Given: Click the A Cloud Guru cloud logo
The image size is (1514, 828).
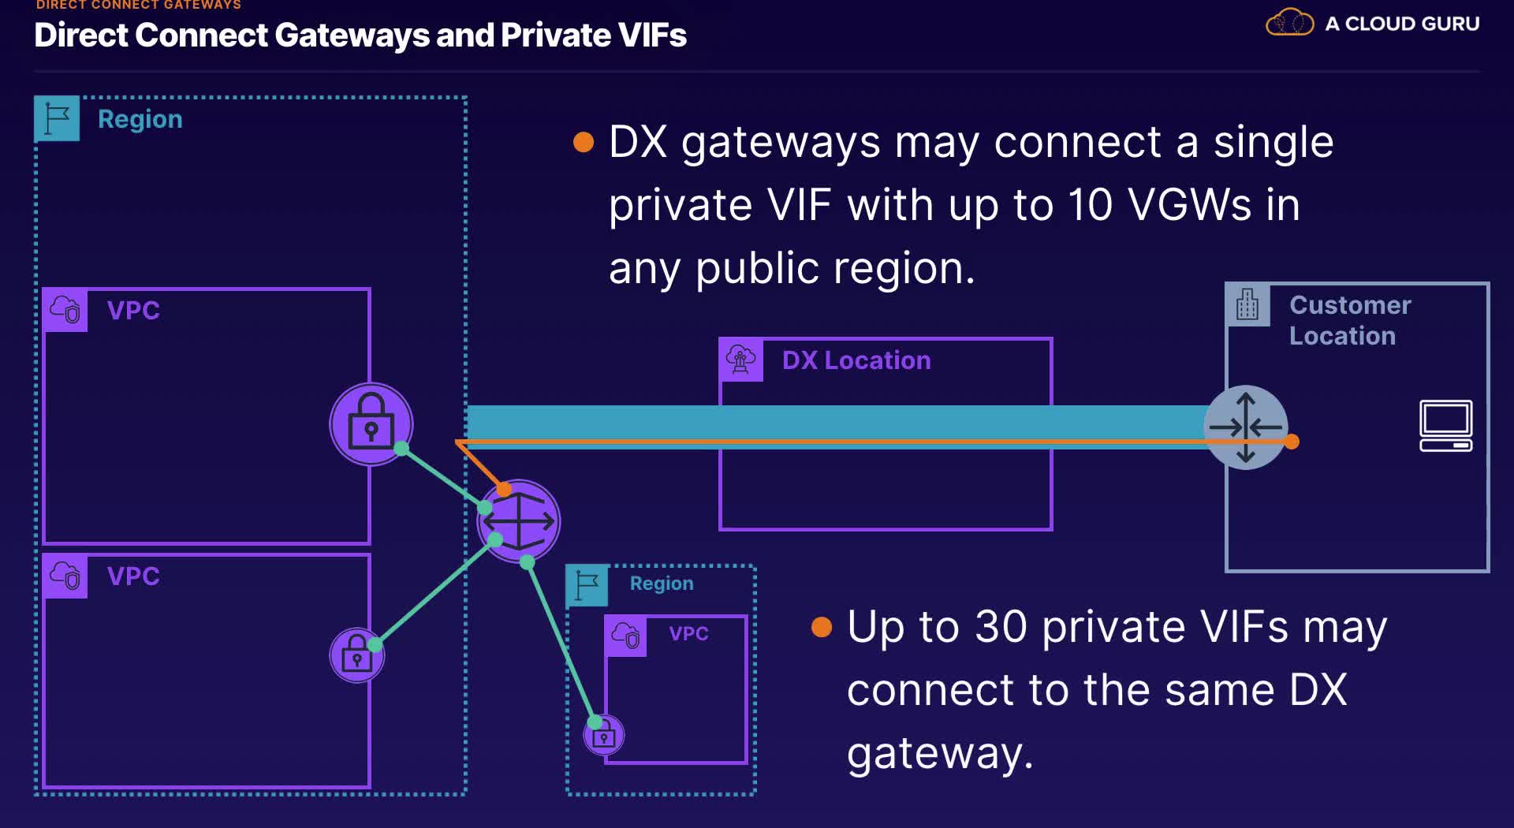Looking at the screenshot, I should (1289, 23).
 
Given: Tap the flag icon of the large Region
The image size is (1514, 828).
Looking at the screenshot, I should (57, 118).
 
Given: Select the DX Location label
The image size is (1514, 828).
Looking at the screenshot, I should (856, 360).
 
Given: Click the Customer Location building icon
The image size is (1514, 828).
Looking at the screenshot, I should (1247, 304).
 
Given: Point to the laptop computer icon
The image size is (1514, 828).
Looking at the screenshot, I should (1445, 426).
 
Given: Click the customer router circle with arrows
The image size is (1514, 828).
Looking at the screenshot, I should (1245, 427).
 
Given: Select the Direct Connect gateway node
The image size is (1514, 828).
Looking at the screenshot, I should (519, 520).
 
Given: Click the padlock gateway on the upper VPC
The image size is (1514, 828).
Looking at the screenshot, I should (371, 424).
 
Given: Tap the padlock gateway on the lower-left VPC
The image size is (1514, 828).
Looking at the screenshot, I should (356, 655).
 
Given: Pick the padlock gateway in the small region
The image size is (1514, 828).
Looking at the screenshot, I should (604, 735).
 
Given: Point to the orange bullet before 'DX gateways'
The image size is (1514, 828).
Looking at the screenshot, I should (583, 142).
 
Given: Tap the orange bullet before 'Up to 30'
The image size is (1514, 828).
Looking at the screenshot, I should (822, 627).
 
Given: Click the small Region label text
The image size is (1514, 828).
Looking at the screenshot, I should (662, 584).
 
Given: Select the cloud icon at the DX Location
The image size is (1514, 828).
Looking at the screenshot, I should (740, 360).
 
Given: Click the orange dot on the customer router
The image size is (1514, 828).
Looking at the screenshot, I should (1291, 442).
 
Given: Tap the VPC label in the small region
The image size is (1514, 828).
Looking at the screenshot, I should (688, 633).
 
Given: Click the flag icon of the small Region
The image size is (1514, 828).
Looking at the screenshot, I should (587, 585).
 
